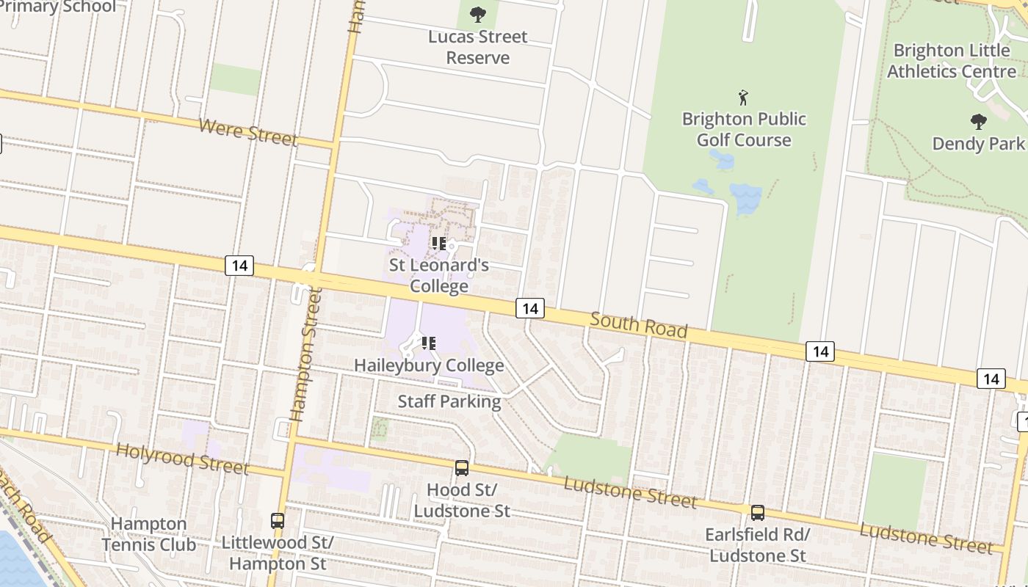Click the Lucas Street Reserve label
[478, 47]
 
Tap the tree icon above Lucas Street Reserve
[478, 14]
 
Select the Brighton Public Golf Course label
[744, 129]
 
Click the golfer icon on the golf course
[743, 98]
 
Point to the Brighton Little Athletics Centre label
[952, 61]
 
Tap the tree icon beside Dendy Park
[978, 121]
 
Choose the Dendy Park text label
[978, 143]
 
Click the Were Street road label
[247, 132]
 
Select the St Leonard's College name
[439, 275]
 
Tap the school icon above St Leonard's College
[439, 243]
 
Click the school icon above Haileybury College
[429, 343]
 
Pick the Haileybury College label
[429, 365]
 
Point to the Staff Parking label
[449, 401]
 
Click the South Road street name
[638, 325]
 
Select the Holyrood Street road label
[183, 459]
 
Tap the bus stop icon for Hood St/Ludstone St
[461, 467]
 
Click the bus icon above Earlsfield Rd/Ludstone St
[757, 512]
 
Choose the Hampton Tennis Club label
[149, 534]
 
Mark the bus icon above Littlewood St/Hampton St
[278, 520]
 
